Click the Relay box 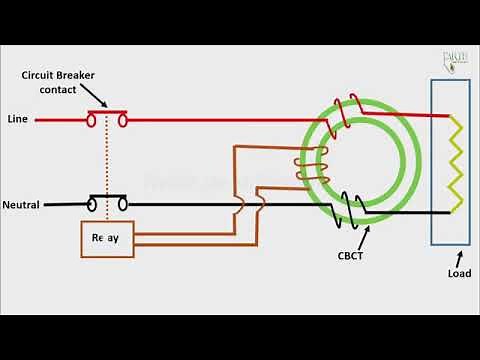point(107,239)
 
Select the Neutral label point(21,205)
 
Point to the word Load point(459,273)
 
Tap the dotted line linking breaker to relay point(107,160)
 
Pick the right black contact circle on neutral point(122,206)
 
